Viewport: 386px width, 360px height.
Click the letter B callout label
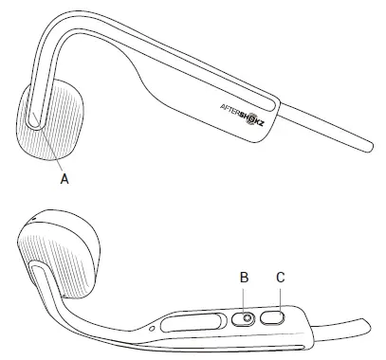tap(244, 278)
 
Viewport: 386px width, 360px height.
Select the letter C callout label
tap(281, 278)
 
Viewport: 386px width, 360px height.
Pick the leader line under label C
tap(280, 298)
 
